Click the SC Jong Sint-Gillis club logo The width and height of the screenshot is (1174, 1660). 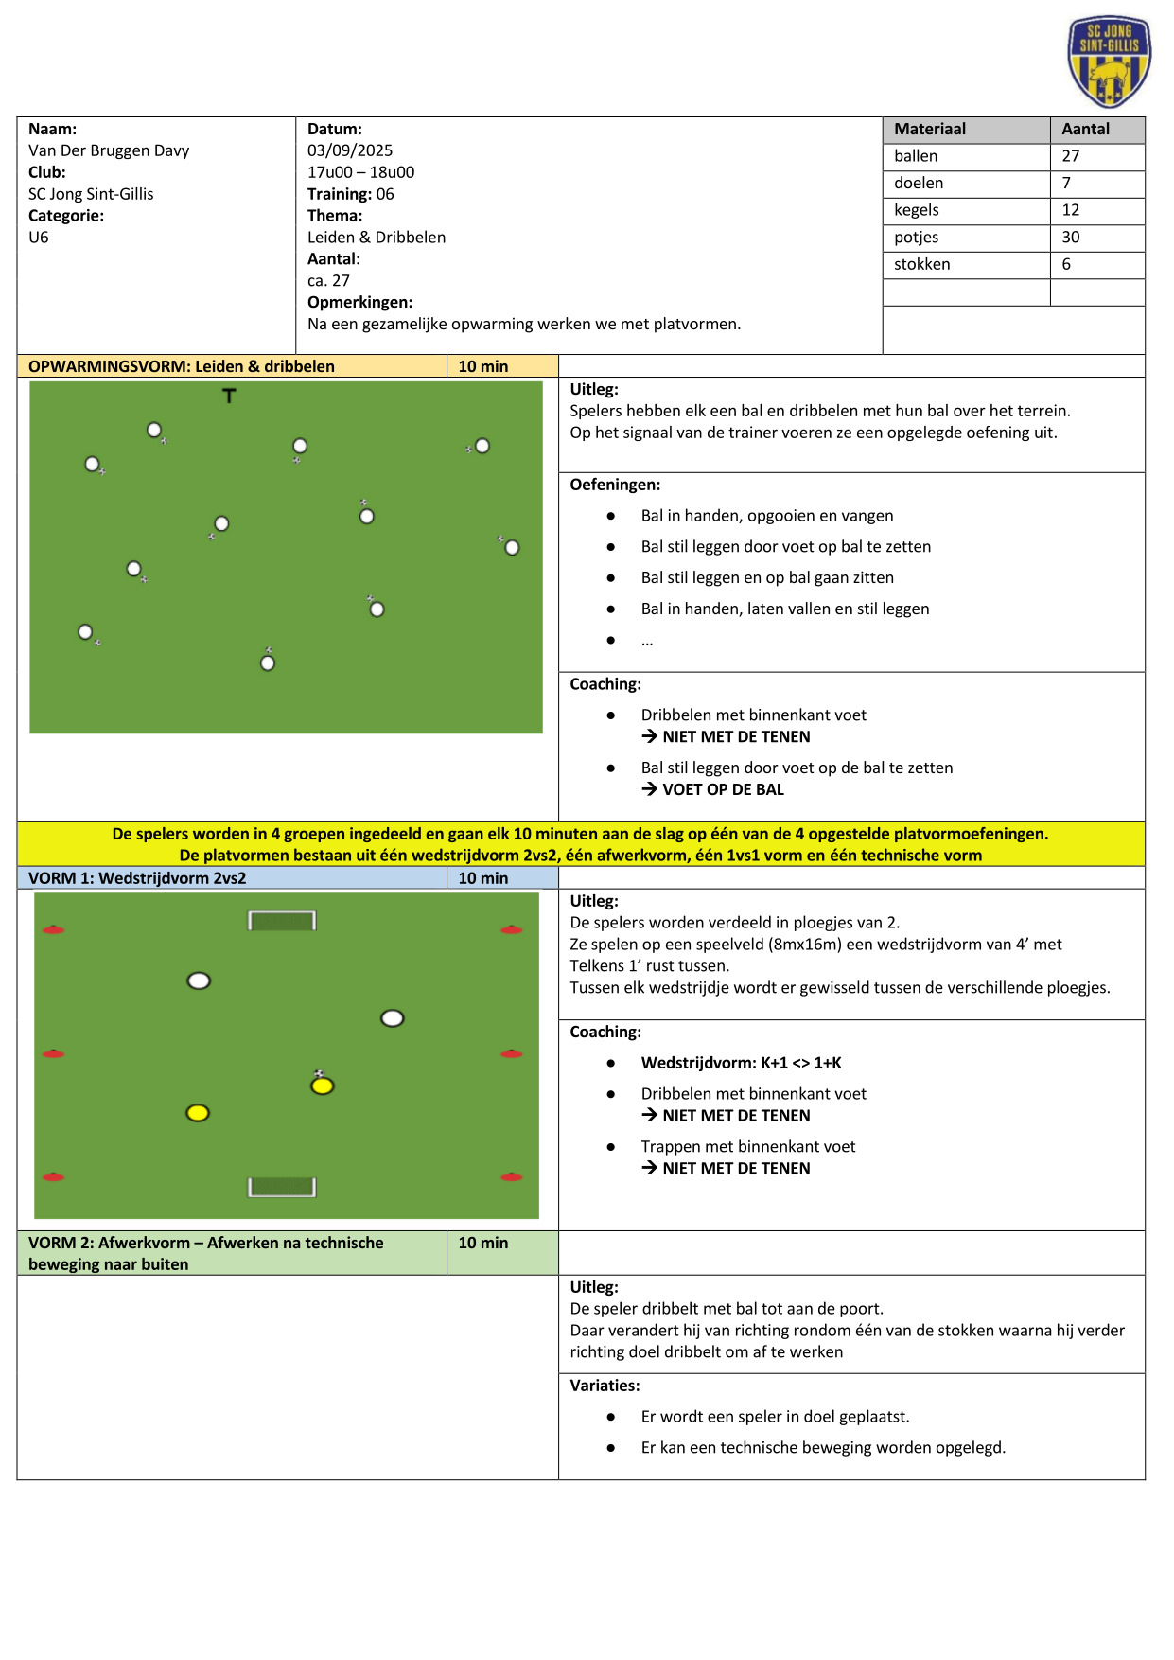(x=1109, y=62)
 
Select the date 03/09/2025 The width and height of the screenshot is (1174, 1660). (x=349, y=150)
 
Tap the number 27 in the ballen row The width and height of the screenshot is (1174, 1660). (x=1070, y=156)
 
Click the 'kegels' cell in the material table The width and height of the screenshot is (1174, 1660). (x=916, y=210)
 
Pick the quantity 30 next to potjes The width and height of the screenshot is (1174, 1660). (x=1070, y=238)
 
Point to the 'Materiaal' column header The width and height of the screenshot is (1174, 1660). (x=929, y=130)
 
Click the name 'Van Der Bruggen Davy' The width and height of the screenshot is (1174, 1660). (x=109, y=150)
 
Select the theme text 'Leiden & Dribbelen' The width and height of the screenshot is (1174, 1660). (x=376, y=238)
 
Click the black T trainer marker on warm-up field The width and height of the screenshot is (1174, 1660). (x=229, y=396)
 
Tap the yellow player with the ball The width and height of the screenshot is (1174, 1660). (x=323, y=1085)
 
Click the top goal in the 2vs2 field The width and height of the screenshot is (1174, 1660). (x=282, y=921)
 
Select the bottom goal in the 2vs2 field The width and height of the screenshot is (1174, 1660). (x=282, y=1187)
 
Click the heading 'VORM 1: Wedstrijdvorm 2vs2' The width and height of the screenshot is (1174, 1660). (x=137, y=878)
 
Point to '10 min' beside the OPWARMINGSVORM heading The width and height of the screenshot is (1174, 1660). (x=482, y=366)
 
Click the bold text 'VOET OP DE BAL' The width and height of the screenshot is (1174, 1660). (x=723, y=789)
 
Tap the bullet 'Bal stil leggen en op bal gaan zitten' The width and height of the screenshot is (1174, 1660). (x=766, y=577)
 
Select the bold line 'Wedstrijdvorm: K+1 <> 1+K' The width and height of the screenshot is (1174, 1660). (x=741, y=1063)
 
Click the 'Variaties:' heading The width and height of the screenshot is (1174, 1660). (x=605, y=1386)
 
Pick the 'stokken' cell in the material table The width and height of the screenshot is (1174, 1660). (x=921, y=264)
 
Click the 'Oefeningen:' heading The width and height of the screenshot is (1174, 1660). (x=615, y=485)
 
